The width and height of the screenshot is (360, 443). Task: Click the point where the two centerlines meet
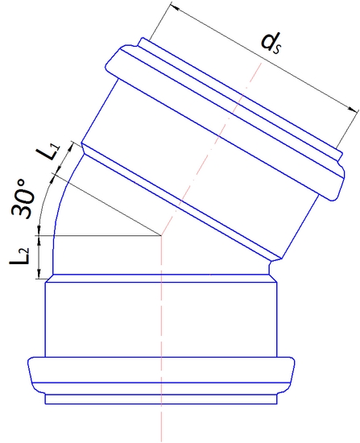163,236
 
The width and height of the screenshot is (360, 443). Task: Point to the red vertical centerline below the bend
163,338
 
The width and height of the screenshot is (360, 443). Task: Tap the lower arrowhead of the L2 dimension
38,276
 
